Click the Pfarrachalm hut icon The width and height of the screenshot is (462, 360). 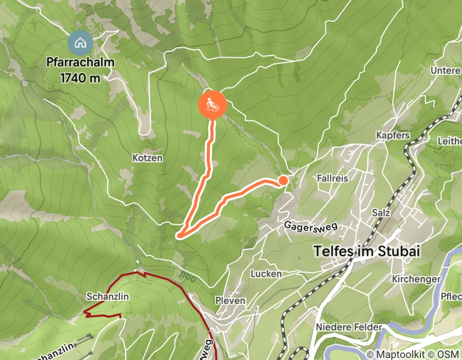[x=80, y=43]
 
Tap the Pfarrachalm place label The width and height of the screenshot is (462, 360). [x=80, y=63]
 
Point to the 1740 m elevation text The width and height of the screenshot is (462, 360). [x=80, y=78]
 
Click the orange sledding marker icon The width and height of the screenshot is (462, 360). [x=212, y=104]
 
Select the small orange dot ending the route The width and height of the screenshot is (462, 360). [x=283, y=180]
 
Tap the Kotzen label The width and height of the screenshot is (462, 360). [x=147, y=157]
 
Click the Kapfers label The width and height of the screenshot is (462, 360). [x=393, y=135]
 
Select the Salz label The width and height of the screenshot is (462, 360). [x=381, y=212]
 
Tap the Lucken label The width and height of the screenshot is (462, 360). [x=266, y=274]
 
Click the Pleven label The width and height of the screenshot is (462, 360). [x=230, y=300]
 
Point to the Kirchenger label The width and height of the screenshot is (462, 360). [x=416, y=279]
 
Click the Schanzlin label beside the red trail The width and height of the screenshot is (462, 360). [x=108, y=297]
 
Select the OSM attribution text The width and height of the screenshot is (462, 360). [x=450, y=354]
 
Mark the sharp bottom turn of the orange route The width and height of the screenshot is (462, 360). [x=179, y=236]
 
